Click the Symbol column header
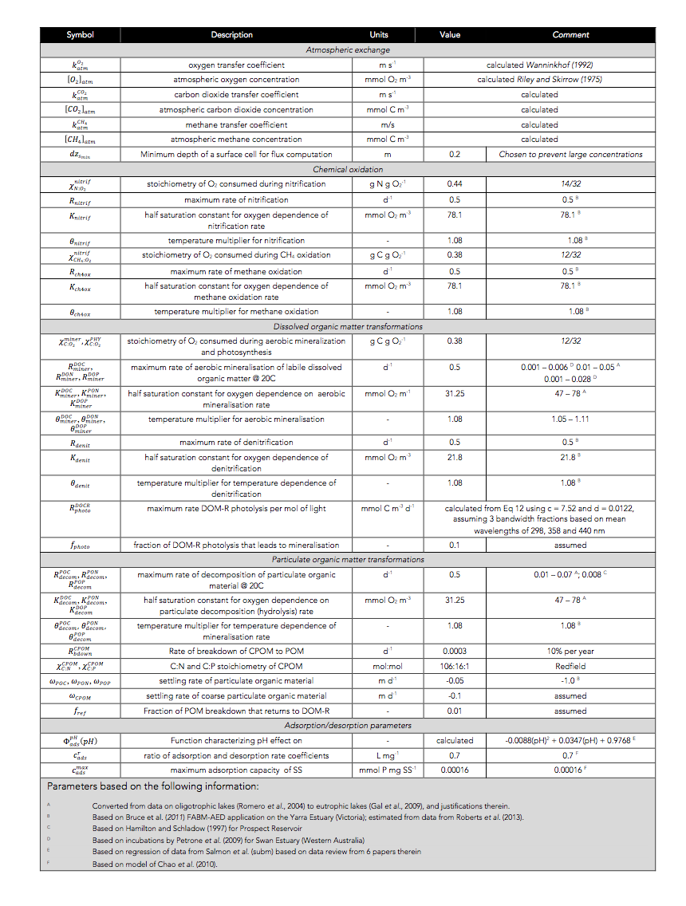tap(80, 35)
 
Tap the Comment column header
tap(570, 35)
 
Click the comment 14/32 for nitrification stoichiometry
tap(570, 184)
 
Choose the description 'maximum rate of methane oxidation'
tap(236, 271)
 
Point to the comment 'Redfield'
tap(570, 666)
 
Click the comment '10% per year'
tap(570, 651)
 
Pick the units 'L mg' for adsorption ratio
tap(386, 754)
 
